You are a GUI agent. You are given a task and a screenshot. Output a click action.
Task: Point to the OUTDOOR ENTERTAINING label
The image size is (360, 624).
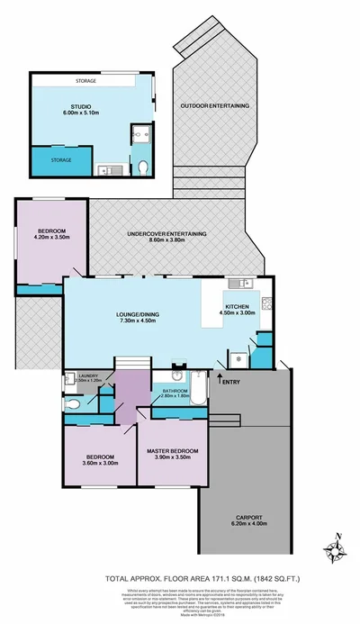[214, 106]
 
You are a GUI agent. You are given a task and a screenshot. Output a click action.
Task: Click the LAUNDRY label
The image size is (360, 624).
[88, 375]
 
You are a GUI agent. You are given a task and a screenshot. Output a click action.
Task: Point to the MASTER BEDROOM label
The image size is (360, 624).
[172, 450]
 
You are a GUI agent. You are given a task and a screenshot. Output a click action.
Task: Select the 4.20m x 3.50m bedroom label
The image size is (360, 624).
[51, 238]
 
